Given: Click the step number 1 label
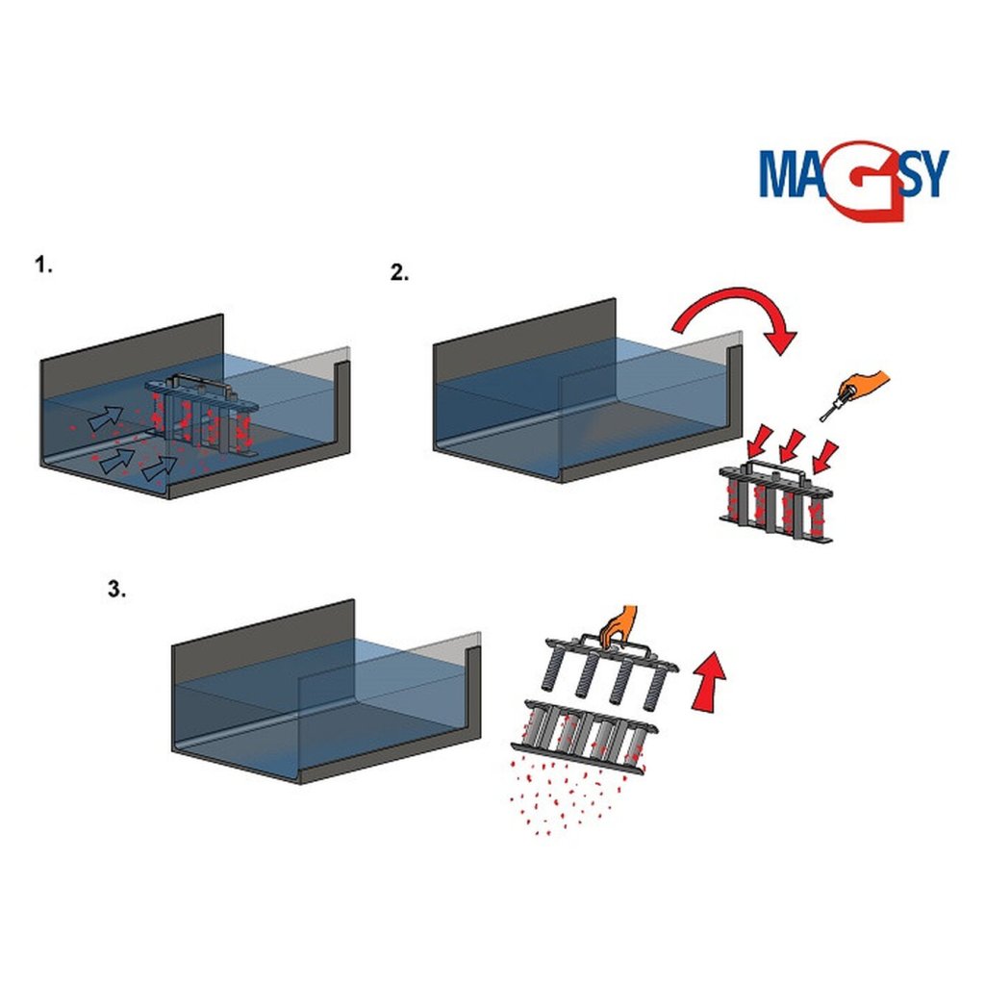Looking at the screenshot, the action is click(43, 265).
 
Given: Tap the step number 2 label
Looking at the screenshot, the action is click(399, 272).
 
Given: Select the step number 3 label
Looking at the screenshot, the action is click(115, 590).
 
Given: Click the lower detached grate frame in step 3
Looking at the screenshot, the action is click(587, 736).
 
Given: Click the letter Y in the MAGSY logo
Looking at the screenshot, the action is click(930, 173).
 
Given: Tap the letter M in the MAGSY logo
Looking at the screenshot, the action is click(784, 173).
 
